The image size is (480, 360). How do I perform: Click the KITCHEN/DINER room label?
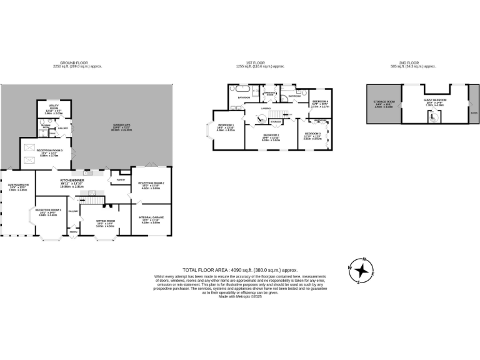pyautogui.click(x=72, y=181)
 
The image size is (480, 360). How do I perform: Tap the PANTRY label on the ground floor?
pyautogui.click(x=120, y=180)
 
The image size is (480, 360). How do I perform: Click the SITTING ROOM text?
pyautogui.click(x=105, y=221)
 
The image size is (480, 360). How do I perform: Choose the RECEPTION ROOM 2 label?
pyautogui.click(x=151, y=183)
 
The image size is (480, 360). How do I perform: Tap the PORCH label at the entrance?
pyautogui.click(x=73, y=232)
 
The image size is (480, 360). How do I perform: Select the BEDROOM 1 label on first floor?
pyautogui.click(x=226, y=125)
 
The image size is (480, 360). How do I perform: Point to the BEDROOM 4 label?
pyautogui.click(x=320, y=101)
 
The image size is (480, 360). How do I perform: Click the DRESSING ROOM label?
pyautogui.click(x=270, y=93)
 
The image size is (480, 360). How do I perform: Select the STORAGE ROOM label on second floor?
pyautogui.click(x=384, y=101)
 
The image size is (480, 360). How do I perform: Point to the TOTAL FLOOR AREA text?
pyautogui.click(x=239, y=270)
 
